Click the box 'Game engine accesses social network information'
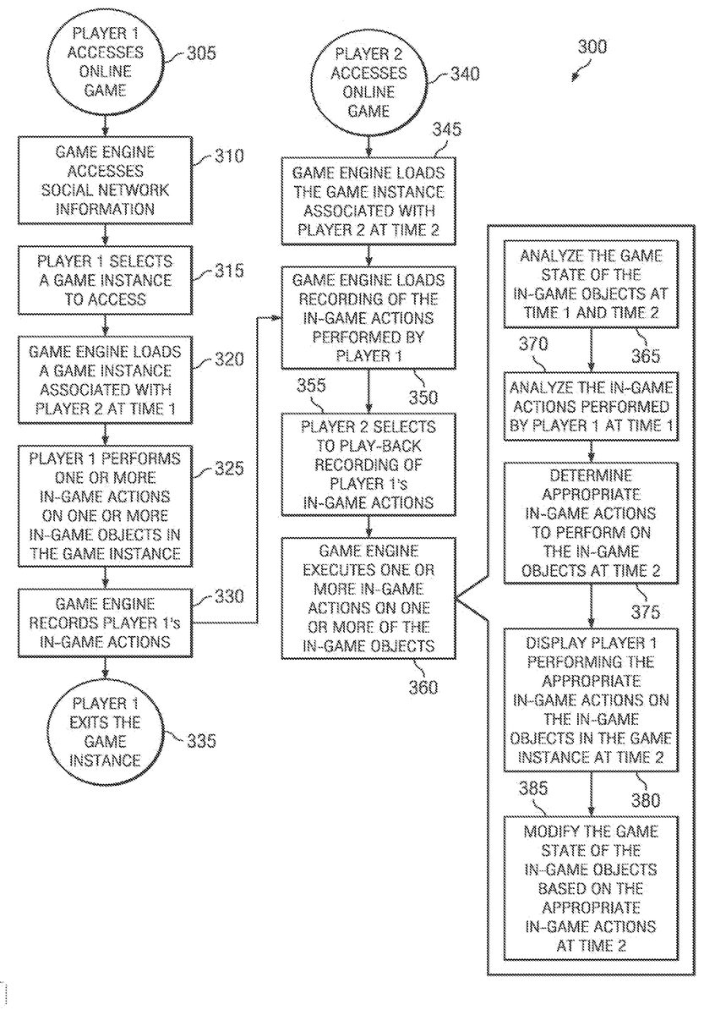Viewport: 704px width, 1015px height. tap(106, 180)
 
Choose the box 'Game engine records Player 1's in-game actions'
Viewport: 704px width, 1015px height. tap(106, 623)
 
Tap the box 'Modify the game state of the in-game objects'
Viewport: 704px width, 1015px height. tap(591, 888)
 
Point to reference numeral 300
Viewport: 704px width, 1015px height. tap(592, 47)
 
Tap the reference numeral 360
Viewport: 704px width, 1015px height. tap(420, 687)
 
